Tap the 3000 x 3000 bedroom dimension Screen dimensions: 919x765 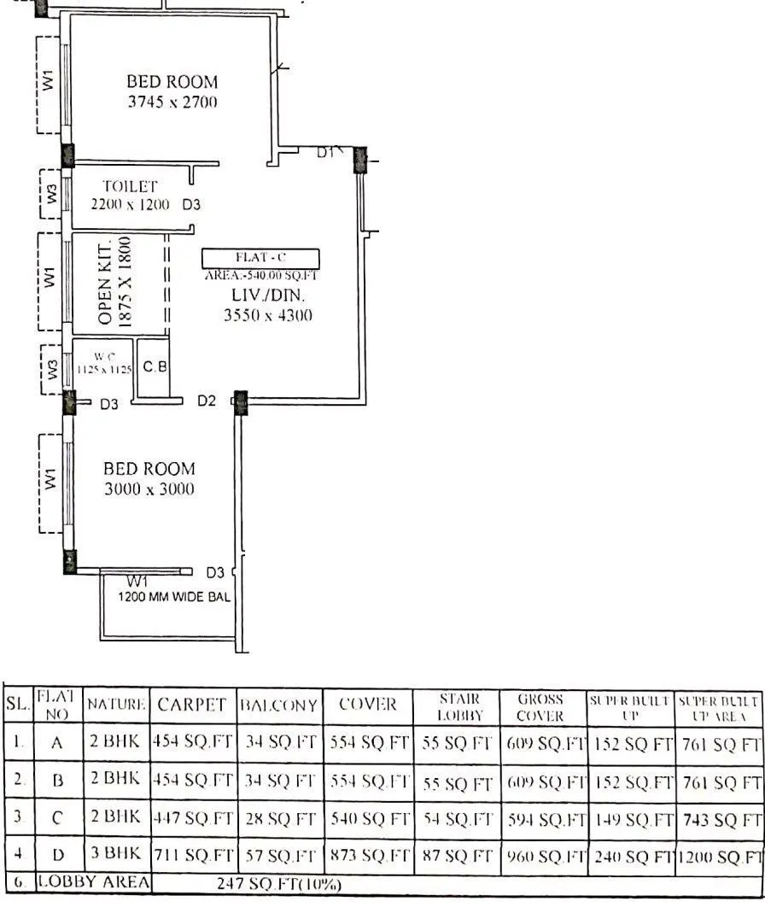coord(149,489)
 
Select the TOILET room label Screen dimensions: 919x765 coord(131,185)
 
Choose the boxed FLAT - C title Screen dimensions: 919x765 coord(260,258)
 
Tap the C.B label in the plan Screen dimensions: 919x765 coord(155,367)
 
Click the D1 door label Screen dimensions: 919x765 coord(325,153)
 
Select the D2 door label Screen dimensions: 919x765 coord(207,401)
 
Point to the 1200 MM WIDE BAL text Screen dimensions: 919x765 coord(173,597)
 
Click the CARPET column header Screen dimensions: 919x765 coord(193,705)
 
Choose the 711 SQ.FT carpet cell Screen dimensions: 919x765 coord(193,857)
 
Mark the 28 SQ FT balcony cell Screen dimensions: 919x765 coord(278,820)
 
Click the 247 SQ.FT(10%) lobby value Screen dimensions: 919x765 coord(278,884)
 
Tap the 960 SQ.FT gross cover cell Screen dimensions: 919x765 coord(543,857)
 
